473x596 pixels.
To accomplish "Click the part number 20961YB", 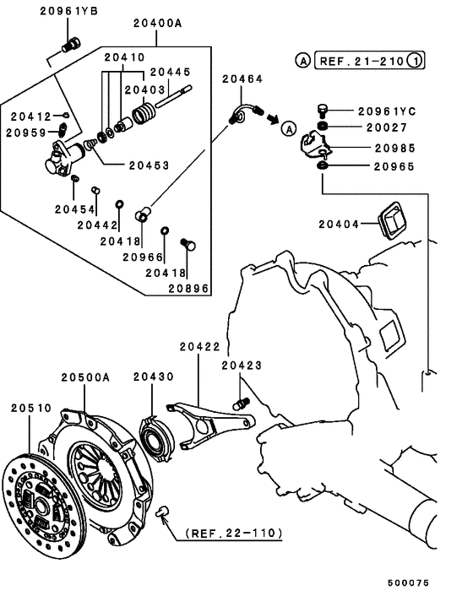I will [x=69, y=11].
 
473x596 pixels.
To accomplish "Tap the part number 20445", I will [x=171, y=73].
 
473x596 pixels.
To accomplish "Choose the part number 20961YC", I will [x=387, y=111].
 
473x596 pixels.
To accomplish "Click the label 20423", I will [x=242, y=366].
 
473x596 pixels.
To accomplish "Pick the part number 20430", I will [x=153, y=377].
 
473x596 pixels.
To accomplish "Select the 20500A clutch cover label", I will [x=85, y=377].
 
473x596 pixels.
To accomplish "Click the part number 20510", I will [x=31, y=409].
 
